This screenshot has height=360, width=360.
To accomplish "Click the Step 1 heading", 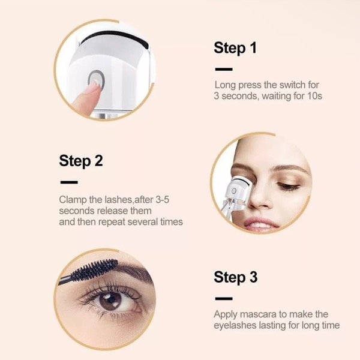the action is pos(235,48).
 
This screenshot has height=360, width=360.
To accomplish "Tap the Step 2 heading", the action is pos(81,161).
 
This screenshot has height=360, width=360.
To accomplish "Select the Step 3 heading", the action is pos(236,277).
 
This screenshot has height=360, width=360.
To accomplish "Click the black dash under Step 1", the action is pos(224,69).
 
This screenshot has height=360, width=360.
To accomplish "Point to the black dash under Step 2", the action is pos(69,182).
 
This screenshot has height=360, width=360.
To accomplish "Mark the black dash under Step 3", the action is pos(224,299).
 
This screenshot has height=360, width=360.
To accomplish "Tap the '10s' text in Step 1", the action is pos(314,96).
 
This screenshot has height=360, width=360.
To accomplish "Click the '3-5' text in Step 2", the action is pos(163,200).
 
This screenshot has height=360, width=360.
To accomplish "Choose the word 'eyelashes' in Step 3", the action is pos(235,325).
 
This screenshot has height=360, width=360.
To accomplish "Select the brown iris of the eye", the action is pos(110,301).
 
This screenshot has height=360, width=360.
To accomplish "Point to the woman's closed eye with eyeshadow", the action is pos(288,185).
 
